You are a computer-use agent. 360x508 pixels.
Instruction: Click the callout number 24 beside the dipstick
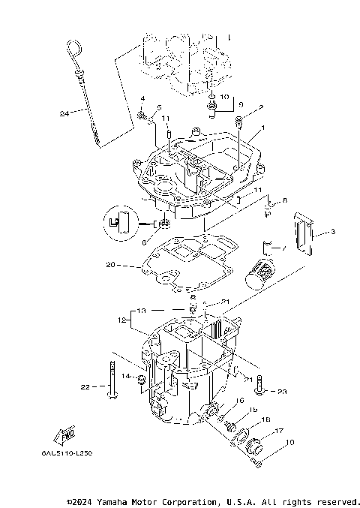click(x=64, y=114)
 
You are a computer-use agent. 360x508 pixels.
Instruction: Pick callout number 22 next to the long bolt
click(x=85, y=387)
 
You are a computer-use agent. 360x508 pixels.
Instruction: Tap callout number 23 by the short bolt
click(x=282, y=391)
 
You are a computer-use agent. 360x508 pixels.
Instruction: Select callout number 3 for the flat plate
click(x=333, y=234)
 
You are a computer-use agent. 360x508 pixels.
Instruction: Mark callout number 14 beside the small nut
click(x=126, y=375)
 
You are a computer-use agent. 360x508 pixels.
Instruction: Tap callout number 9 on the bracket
click(x=240, y=104)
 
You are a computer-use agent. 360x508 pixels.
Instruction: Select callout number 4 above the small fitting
click(x=142, y=100)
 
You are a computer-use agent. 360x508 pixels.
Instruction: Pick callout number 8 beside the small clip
click(x=284, y=201)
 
